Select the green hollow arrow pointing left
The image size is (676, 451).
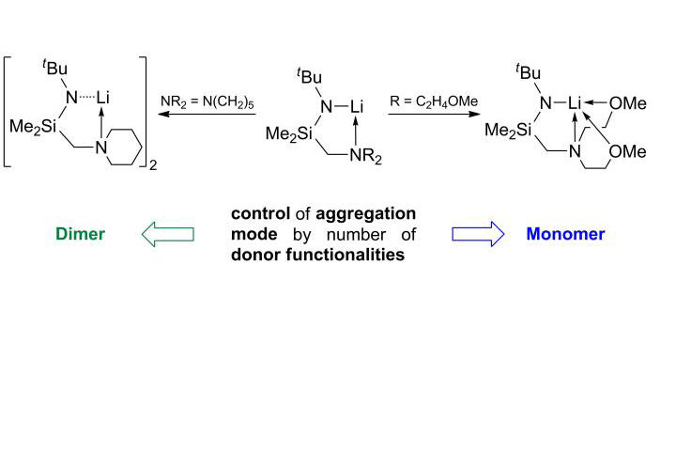(167, 235)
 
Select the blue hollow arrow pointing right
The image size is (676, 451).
(480, 235)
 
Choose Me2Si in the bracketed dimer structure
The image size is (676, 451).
(32, 125)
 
